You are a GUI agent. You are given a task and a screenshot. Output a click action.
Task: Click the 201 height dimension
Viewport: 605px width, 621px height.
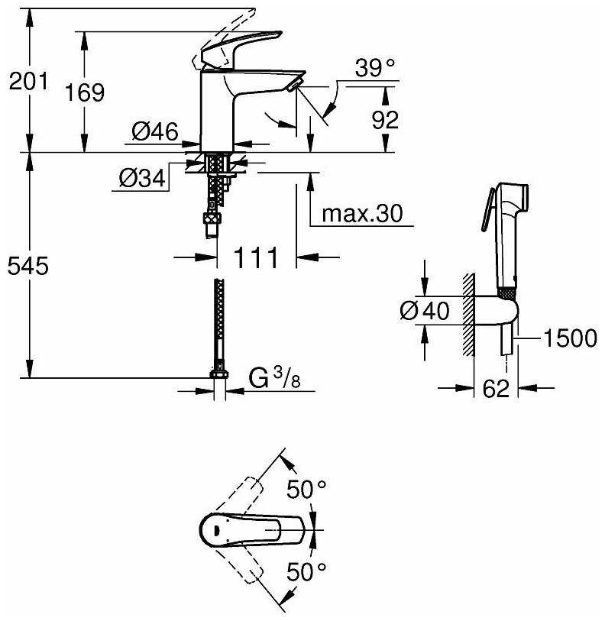[28, 80]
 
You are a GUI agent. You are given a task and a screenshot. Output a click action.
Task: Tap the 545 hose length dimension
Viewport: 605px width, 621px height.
[28, 266]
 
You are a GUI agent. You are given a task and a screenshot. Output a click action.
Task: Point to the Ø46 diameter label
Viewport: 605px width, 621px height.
[155, 132]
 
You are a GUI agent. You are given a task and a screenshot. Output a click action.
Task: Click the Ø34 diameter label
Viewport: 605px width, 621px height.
[143, 179]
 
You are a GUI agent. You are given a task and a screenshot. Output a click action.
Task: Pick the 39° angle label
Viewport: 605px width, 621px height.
[377, 69]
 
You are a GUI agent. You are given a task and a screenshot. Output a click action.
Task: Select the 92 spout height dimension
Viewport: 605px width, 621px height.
[383, 119]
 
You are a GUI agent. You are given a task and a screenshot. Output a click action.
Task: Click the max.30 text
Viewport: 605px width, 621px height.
[361, 214]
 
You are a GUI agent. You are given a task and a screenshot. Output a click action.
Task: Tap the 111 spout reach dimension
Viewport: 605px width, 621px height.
[254, 258]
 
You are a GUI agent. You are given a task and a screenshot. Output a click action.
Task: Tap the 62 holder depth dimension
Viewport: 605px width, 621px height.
[496, 389]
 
